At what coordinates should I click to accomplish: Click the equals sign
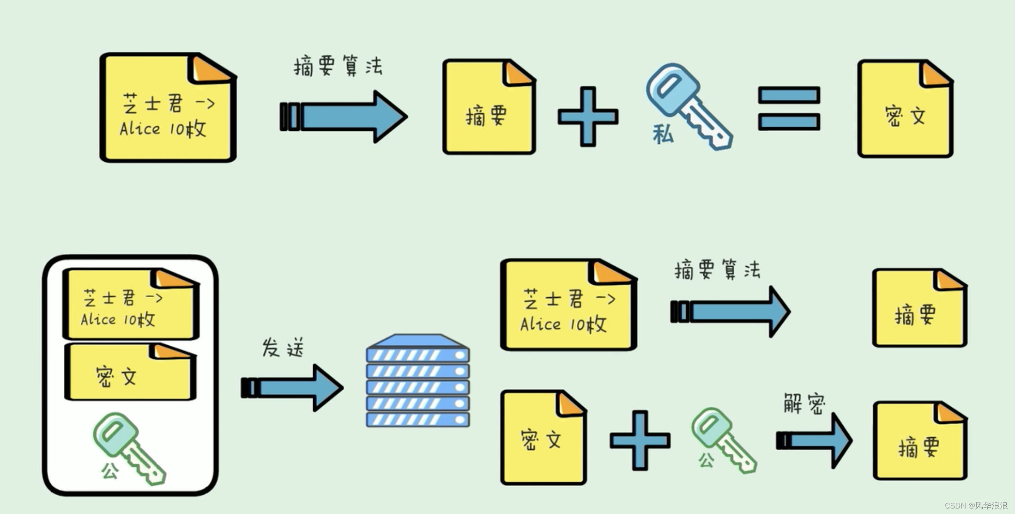pos(789,109)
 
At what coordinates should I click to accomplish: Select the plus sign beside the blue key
pos(588,116)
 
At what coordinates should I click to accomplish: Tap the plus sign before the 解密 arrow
pos(640,440)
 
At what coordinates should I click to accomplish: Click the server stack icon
pos(417,381)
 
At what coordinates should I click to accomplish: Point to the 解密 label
pos(804,404)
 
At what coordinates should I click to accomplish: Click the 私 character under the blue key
pos(663,135)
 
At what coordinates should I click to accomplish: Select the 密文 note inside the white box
pos(129,373)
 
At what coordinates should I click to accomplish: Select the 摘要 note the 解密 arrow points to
pos(919,441)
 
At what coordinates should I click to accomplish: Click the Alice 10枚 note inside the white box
pos(130,305)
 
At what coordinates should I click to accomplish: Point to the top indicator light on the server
pos(459,355)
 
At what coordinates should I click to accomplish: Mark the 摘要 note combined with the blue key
pos(489,107)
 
